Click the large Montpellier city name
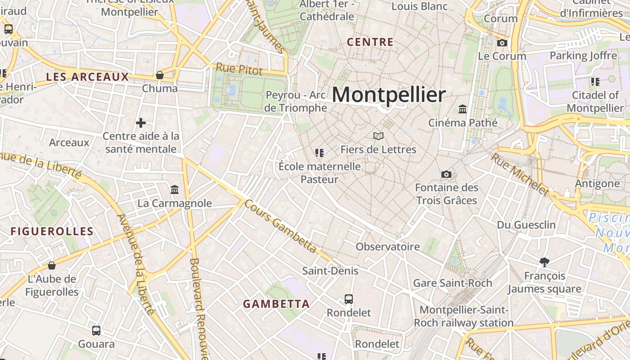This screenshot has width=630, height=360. point(389,95)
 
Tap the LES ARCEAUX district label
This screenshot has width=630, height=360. point(88,77)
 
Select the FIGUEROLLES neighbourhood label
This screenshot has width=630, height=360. point(52,232)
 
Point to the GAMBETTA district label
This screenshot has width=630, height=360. point(276,304)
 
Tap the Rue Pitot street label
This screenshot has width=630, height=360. point(239,69)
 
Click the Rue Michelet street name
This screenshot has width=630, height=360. point(519,175)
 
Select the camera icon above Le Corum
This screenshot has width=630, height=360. point(502,43)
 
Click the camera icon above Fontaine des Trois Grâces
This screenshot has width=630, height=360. point(446,174)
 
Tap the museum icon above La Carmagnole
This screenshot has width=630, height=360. point(175,189)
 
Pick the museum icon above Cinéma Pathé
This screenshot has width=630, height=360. point(463,109)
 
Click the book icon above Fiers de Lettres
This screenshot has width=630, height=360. point(378,136)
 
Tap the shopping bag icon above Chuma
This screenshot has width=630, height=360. point(160,75)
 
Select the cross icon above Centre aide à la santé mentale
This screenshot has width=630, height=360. point(141,122)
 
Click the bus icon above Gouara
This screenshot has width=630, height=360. point(96,331)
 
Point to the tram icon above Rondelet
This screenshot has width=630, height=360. point(349,299)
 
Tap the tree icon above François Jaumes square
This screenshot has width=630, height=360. point(544,262)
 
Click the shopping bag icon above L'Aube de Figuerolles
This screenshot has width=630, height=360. point(52,265)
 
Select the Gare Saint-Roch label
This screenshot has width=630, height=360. point(453,283)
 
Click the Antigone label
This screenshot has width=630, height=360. point(597,184)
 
